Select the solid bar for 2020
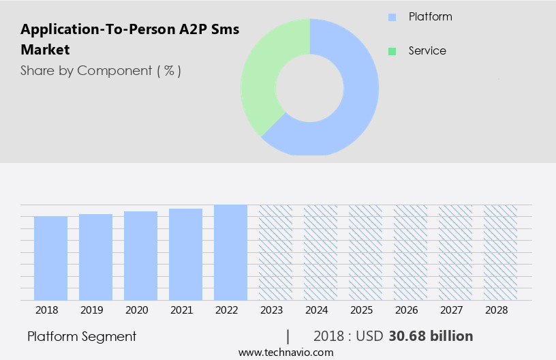click(x=140, y=256)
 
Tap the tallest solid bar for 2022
click(x=230, y=252)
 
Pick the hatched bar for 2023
click(x=275, y=252)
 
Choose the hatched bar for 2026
click(x=410, y=252)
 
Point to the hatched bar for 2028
click(x=500, y=252)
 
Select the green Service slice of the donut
click(x=262, y=75)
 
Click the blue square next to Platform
click(x=391, y=17)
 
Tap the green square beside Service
click(x=391, y=51)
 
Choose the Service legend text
click(x=427, y=51)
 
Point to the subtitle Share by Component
click(x=101, y=70)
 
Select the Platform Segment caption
click(x=82, y=336)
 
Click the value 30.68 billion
click(x=431, y=336)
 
